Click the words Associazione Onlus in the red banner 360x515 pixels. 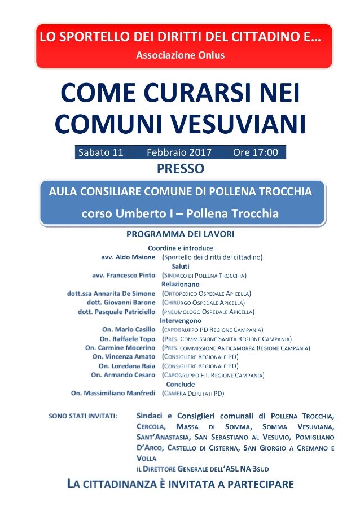(x=180, y=55)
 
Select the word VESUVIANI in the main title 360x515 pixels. (x=245, y=124)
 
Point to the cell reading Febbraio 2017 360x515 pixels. (x=179, y=152)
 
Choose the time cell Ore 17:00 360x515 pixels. (x=256, y=152)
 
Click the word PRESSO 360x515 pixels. (x=180, y=168)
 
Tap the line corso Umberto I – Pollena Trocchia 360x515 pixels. (x=180, y=214)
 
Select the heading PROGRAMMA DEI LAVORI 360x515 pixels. (x=180, y=234)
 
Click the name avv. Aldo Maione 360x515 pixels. (x=128, y=257)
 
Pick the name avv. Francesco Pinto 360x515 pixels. (x=124, y=276)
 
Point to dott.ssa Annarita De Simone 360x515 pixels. (x=111, y=294)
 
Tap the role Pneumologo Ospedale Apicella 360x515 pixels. (x=208, y=312)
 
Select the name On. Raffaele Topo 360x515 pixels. (x=128, y=339)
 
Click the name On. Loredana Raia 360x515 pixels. (x=127, y=366)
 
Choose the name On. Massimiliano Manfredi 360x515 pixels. (x=113, y=393)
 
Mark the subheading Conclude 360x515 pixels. (x=180, y=385)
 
